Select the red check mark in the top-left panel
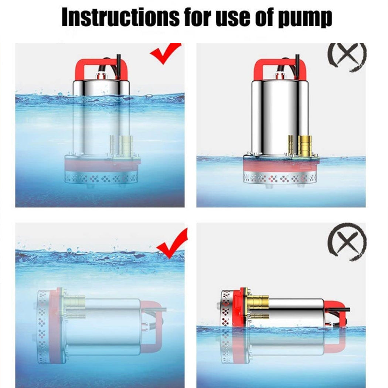click(165, 53)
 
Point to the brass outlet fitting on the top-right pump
click(305, 145)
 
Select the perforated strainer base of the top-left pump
click(102, 178)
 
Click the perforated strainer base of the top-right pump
click(280, 178)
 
